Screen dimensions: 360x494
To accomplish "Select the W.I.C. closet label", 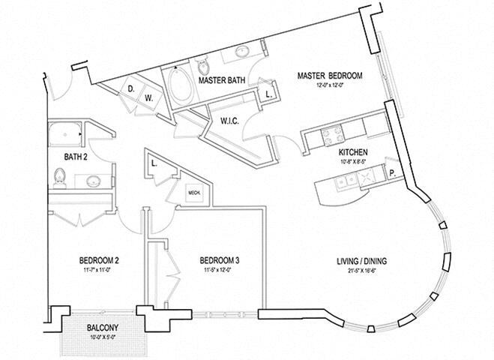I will pyautogui.click(x=229, y=121).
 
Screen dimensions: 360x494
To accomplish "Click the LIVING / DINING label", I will pyautogui.click(x=364, y=261).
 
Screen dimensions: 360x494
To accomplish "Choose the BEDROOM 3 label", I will pyautogui.click(x=219, y=261).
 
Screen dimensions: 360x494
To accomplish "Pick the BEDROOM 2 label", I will pyautogui.click(x=98, y=261).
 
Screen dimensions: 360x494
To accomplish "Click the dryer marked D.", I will pyautogui.click(x=130, y=88).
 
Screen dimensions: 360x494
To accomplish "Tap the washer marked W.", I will pyautogui.click(x=148, y=97).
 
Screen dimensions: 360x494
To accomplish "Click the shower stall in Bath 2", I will pyautogui.click(x=64, y=136).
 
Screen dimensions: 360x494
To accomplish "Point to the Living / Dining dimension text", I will pyautogui.click(x=364, y=271).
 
